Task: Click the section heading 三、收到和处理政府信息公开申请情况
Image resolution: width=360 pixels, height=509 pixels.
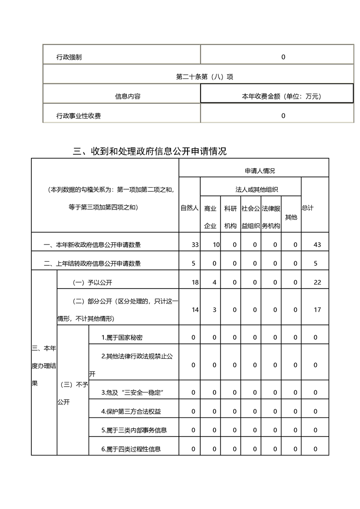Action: pyautogui.click(x=150, y=151)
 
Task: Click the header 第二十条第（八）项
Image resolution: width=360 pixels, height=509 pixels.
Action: pyautogui.click(x=198, y=77)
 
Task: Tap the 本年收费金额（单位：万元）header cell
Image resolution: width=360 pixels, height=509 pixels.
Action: pyautogui.click(x=276, y=96)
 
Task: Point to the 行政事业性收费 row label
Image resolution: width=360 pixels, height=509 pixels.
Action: pyautogui.click(x=79, y=116)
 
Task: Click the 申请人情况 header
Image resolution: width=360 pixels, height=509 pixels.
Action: pyautogui.click(x=260, y=171)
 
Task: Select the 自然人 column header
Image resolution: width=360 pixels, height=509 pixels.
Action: pyautogui.click(x=189, y=208)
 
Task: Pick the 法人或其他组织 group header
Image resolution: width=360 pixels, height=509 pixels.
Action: pyautogui.click(x=250, y=189)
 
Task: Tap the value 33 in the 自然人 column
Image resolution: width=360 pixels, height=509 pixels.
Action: pyautogui.click(x=195, y=245)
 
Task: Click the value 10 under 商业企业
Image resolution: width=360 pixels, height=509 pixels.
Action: pyautogui.click(x=216, y=245)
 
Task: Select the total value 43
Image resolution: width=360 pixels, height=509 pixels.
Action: pyautogui.click(x=317, y=245)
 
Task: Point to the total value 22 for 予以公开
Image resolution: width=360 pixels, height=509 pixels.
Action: pyautogui.click(x=317, y=282)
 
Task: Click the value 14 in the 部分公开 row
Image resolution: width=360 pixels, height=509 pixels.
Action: pyautogui.click(x=195, y=310)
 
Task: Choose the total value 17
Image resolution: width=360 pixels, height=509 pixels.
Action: pyautogui.click(x=317, y=310)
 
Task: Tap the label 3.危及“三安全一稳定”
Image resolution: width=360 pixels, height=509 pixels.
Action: pyautogui.click(x=132, y=392)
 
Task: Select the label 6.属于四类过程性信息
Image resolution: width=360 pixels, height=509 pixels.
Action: pyautogui.click(x=131, y=449)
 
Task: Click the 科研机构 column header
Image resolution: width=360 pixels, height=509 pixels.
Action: pyautogui.click(x=231, y=217)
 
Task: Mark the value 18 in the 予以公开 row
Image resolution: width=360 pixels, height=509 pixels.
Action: pyautogui.click(x=195, y=282)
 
